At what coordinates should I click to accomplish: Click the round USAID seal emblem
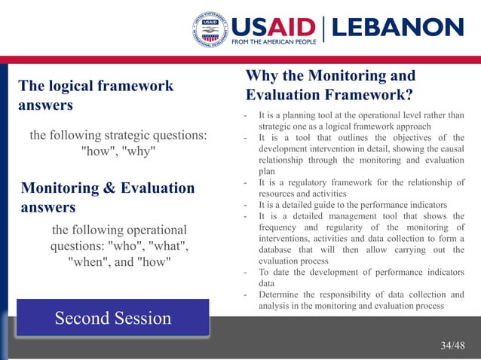210,31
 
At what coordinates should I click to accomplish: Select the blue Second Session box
112,318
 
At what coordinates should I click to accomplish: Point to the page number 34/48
452,345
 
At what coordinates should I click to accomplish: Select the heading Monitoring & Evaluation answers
108,197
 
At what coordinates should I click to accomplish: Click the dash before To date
246,273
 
